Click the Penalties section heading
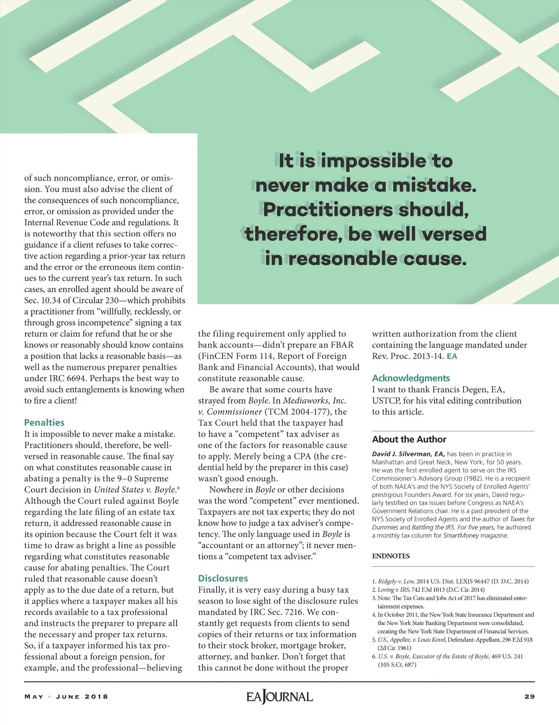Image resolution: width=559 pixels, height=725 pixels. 44,423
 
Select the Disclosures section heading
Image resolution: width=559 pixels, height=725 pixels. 223,578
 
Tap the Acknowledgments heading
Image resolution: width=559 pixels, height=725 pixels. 411,378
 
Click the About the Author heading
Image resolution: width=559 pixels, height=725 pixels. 409,439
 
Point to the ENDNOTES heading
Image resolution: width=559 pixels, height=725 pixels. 391,556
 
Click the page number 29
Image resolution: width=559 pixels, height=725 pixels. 529,697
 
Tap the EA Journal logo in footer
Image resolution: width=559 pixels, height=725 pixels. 279,697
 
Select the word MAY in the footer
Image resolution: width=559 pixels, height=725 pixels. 34,697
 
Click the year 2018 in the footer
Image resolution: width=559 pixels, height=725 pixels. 96,697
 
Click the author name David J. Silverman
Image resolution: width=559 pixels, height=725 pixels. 408,454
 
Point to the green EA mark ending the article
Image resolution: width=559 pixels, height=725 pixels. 452,356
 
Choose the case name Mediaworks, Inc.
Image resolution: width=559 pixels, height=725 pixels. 314,401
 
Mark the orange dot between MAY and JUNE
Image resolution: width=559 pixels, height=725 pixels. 49,697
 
